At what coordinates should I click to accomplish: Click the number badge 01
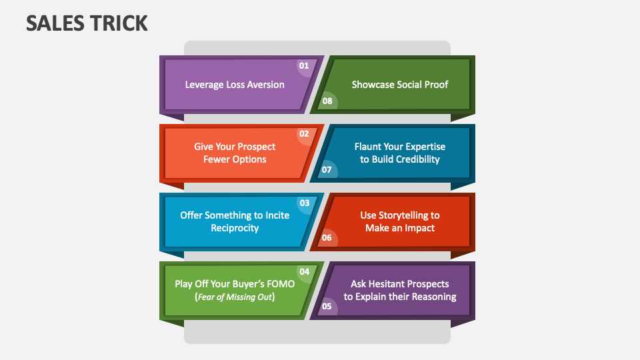pyautogui.click(x=304, y=66)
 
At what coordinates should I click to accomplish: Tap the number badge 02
pyautogui.click(x=304, y=134)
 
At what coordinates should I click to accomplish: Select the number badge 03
pyautogui.click(x=304, y=203)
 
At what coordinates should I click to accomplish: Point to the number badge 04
pyautogui.click(x=304, y=272)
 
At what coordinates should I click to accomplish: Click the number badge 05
pyautogui.click(x=327, y=307)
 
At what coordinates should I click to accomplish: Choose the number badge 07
pyautogui.click(x=327, y=170)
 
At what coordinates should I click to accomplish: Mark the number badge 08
pyautogui.click(x=327, y=101)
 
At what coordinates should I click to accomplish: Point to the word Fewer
pyautogui.click(x=217, y=159)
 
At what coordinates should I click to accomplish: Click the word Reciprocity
pyautogui.click(x=235, y=228)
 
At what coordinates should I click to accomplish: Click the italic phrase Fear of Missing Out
pyautogui.click(x=235, y=297)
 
